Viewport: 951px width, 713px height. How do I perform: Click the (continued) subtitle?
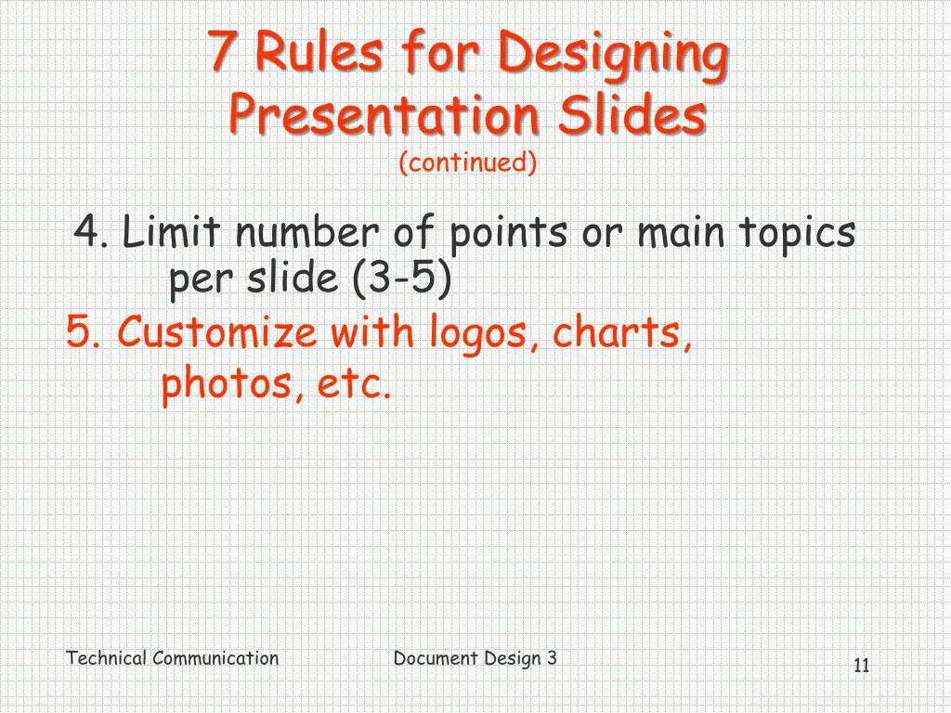[468, 163]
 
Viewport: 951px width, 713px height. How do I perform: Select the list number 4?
[91, 233]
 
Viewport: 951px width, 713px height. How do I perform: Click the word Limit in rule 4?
[173, 233]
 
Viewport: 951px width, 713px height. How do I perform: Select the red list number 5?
[83, 332]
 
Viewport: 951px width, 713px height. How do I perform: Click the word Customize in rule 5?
[217, 332]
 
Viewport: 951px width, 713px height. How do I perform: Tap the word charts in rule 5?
[622, 334]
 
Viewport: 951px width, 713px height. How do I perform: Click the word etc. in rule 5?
[354, 383]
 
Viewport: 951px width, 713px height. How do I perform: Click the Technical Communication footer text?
[172, 658]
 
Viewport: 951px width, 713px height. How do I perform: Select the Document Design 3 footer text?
[475, 658]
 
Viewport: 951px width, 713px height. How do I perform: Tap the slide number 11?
[861, 665]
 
